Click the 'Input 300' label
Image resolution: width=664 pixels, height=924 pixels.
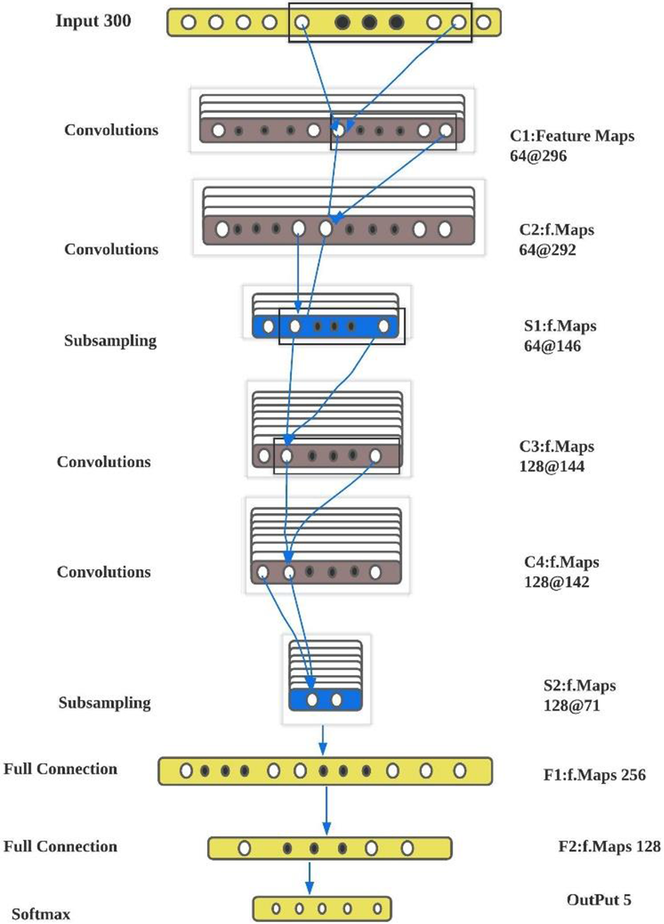pos(93,21)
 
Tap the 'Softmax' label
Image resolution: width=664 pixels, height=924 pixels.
pos(41,914)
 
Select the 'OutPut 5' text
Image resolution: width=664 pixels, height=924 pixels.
pos(598,900)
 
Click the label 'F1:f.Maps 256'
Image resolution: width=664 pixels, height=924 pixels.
pos(594,775)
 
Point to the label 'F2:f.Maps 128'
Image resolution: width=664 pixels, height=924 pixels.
pos(609,846)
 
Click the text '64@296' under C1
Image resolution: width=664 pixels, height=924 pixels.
pos(538,156)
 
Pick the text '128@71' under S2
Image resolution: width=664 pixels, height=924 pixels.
pos(571,705)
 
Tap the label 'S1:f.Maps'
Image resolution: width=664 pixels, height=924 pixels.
pos(560,326)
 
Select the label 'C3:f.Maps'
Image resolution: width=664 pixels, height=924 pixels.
pos(556,446)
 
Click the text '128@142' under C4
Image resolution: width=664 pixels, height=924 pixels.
pos(556,582)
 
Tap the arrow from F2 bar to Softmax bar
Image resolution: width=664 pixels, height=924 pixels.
pos(309,878)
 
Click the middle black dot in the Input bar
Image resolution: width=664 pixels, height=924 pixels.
pos(369,22)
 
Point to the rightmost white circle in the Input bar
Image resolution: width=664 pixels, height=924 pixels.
pos(483,22)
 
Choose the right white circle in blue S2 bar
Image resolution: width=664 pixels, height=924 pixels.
pos(337,700)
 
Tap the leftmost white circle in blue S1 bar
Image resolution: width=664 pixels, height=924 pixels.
pos(268,326)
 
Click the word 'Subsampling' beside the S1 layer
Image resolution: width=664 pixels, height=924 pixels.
pos(110,340)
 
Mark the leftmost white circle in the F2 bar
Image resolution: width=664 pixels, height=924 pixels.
pos(244,848)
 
